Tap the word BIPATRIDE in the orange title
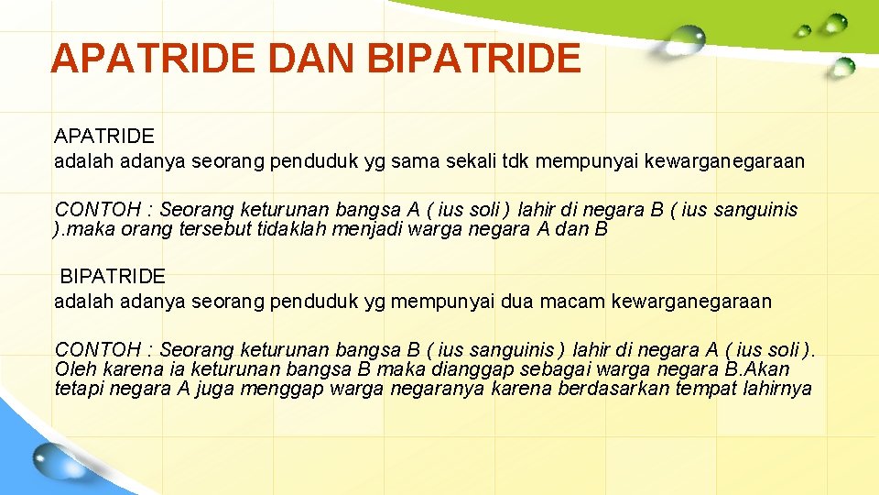click(x=472, y=58)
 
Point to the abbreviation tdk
click(x=516, y=161)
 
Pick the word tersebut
click(x=229, y=229)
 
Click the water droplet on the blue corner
click(x=56, y=458)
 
